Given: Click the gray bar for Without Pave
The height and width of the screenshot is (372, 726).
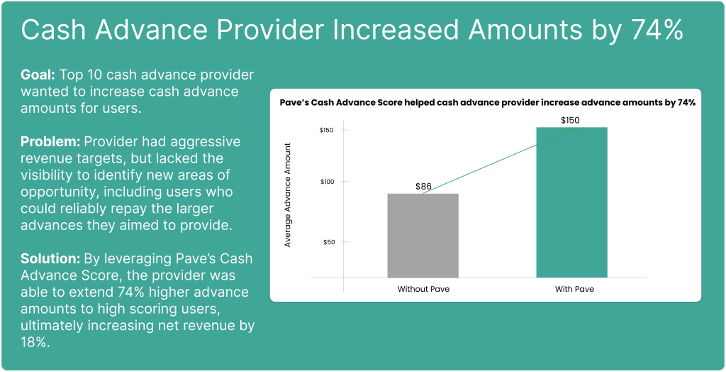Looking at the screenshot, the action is (423, 236).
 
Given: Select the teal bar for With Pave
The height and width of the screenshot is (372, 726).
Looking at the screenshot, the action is (572, 202).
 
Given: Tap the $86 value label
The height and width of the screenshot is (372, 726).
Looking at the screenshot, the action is (424, 187).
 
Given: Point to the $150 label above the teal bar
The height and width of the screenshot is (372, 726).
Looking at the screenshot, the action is (570, 120).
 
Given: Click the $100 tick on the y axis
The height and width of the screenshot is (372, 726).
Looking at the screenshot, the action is (328, 181).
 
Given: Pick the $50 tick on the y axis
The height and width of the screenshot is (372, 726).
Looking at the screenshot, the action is (329, 241).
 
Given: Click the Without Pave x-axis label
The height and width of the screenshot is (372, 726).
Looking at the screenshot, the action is (423, 289).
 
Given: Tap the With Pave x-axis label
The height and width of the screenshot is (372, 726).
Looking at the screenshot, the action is (574, 289).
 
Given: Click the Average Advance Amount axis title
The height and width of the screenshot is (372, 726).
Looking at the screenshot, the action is (288, 195).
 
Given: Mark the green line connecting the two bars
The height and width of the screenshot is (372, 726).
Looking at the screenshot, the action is (498, 160).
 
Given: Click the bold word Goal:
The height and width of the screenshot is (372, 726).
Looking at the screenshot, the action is (38, 75).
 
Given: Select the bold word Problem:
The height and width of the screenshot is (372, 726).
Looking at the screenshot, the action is (50, 141).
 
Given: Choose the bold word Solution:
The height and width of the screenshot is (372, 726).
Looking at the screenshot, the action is (50, 258).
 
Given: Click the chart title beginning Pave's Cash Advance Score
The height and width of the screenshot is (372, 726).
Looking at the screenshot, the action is (487, 103).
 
